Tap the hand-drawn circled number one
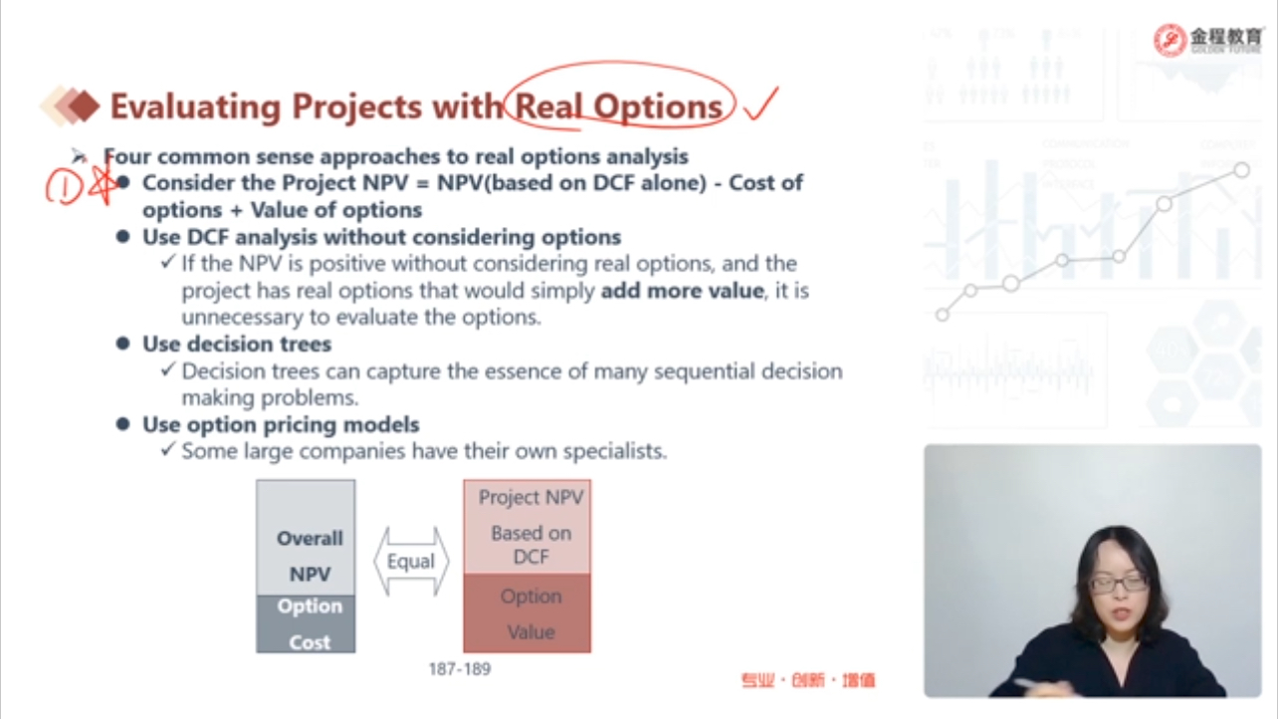[x=64, y=186]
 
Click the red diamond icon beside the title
[x=85, y=107]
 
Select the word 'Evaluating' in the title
[x=195, y=107]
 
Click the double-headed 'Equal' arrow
[x=411, y=562]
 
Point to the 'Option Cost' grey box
[x=306, y=623]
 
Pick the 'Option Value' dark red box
[x=528, y=613]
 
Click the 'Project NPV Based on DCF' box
[x=528, y=527]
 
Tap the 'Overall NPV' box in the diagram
[x=306, y=538]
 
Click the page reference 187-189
[x=460, y=669]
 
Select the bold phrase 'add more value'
[x=683, y=291]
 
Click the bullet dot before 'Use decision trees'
[x=122, y=344]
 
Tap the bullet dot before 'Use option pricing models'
[x=122, y=424]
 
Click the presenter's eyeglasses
[x=1119, y=585]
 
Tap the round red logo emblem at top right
[x=1170, y=40]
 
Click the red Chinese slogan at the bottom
[x=808, y=680]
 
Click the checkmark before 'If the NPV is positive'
[x=168, y=262]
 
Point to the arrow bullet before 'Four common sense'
[x=79, y=155]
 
